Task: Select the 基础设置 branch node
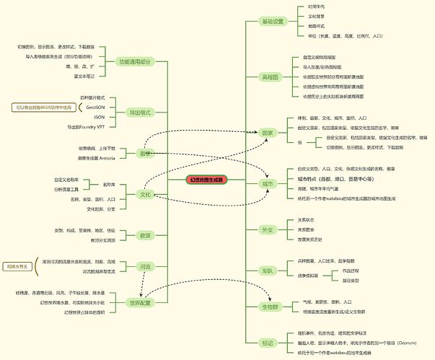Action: pos(271,21)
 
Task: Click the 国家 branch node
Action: pos(268,133)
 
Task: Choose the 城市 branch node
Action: pos(268,184)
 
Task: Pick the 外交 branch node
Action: pos(268,229)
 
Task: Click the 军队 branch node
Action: pos(268,271)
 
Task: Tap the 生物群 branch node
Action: pos(271,307)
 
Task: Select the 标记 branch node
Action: pos(268,343)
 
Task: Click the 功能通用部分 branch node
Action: pos(139,61)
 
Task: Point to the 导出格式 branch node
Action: pos(139,112)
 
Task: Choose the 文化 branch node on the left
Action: pos(144,194)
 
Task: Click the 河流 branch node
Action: pos(144,267)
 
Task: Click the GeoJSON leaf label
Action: pos(95,107)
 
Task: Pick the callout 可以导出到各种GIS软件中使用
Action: pos(43,107)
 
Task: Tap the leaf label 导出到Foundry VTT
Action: pos(86,126)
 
